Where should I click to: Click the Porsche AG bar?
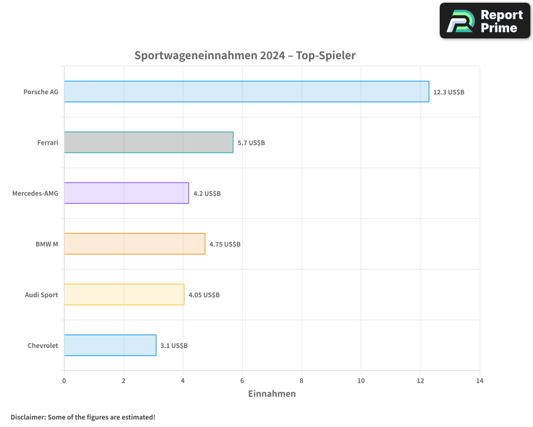pos(246,92)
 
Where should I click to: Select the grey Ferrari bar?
pos(149,143)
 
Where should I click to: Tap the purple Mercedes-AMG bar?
pos(126,193)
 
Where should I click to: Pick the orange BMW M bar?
pos(134,244)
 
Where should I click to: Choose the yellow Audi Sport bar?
pos(124,295)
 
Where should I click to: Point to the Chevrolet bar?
pos(110,345)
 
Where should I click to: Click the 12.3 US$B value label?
pos(449,92)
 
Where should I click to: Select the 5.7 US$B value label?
pos(252,143)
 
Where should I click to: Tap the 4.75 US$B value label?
pos(225,244)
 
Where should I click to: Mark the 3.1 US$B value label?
pos(174,346)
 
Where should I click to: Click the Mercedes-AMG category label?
pos(35,193)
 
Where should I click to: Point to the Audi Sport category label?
pos(42,295)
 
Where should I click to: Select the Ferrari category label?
pos(48,143)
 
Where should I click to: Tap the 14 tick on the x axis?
pos(480,381)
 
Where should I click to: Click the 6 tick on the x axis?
pos(242,381)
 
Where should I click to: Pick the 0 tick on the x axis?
pos(64,381)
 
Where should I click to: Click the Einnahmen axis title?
pos(272,394)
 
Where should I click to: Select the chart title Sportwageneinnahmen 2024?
pos(245,56)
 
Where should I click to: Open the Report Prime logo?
pos(484,21)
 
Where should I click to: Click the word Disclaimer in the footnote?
pos(28,417)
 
